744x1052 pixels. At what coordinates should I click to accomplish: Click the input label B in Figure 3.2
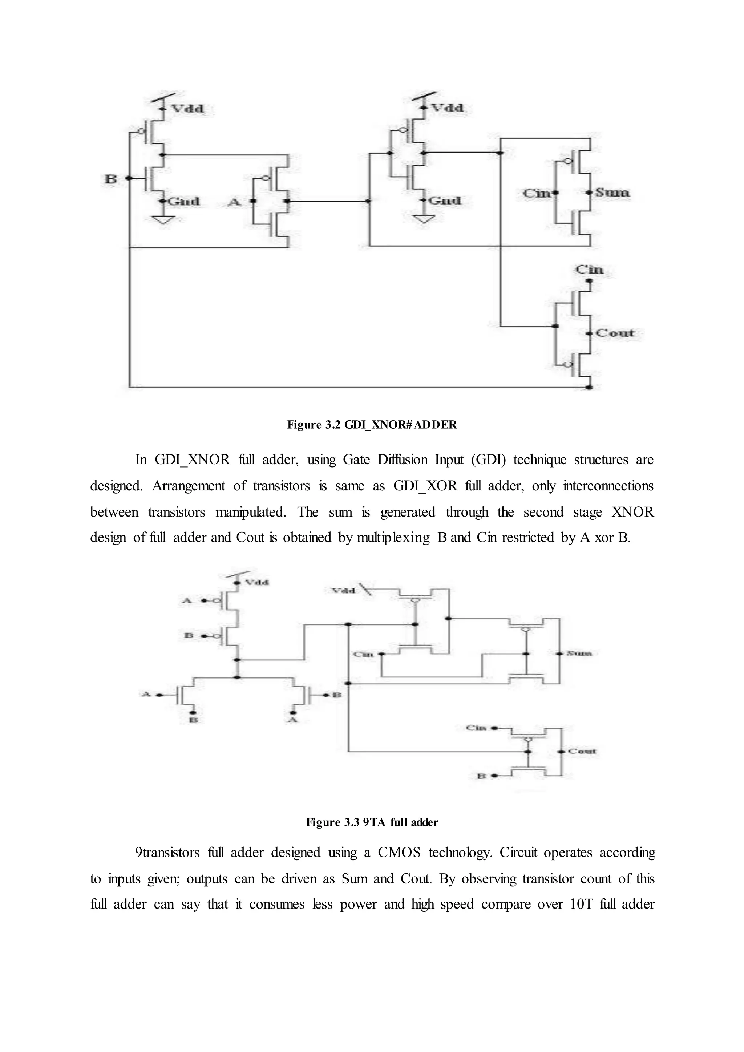(x=110, y=179)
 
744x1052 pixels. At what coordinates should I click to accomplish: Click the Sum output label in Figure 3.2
(x=612, y=193)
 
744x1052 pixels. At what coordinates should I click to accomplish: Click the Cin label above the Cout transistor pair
(x=589, y=270)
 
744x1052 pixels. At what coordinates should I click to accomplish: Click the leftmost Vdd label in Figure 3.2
(x=187, y=109)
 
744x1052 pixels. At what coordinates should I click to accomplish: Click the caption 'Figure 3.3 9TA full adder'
(x=372, y=822)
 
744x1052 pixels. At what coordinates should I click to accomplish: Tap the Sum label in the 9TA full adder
(x=579, y=653)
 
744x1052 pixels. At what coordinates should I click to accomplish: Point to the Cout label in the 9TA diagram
(x=582, y=752)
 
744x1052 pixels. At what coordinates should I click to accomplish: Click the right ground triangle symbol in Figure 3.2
(x=425, y=220)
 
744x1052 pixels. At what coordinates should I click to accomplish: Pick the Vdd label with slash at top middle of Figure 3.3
(x=344, y=591)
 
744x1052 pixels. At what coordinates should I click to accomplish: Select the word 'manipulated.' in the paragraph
(x=251, y=512)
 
